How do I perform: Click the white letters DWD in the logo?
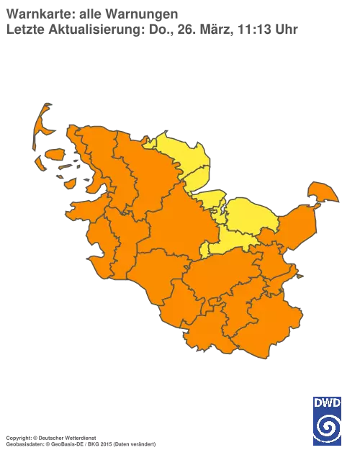pyautogui.click(x=327, y=402)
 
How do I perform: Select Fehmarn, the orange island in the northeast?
pyautogui.click(x=322, y=192)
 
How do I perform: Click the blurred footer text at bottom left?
pyautogui.click(x=79, y=437)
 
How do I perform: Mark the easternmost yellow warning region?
pyautogui.click(x=248, y=216)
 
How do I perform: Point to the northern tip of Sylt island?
pyautogui.click(x=45, y=107)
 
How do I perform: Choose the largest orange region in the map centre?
pyautogui.click(x=180, y=223)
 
